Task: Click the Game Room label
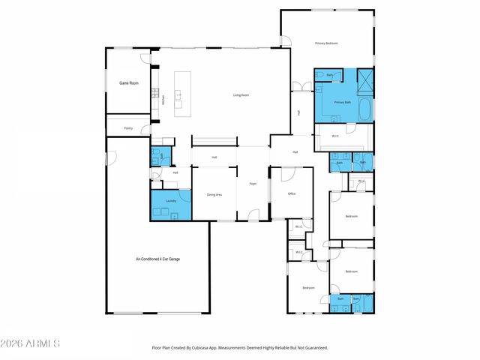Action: [129, 83]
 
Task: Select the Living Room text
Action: [241, 95]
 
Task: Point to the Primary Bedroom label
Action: [326, 44]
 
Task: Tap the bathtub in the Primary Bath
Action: [365, 109]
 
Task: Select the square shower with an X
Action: [365, 79]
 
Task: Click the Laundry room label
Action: [171, 201]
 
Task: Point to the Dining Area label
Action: [214, 195]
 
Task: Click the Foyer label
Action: [253, 184]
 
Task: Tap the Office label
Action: [292, 193]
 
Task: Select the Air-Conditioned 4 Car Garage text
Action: [157, 259]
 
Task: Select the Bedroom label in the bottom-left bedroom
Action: [308, 288]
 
